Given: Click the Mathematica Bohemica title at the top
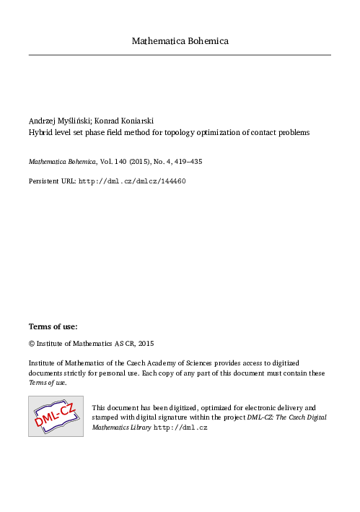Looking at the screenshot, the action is (x=180, y=41).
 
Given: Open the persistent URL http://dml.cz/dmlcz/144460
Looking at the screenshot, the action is (x=132, y=181).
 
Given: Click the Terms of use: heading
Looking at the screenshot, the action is (x=53, y=326).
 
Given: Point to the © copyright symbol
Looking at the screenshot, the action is (x=31, y=344).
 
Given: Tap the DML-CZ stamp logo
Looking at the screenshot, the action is (x=56, y=416).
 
